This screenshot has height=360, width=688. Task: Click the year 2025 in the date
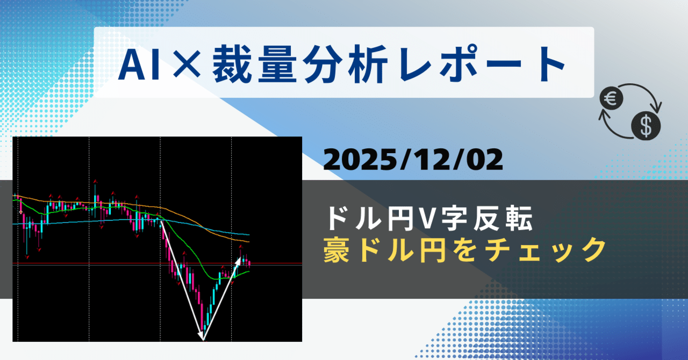pyautogui.click(x=356, y=160)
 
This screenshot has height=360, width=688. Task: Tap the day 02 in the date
pyautogui.click(x=483, y=160)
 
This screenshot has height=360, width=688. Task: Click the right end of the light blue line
pyautogui.click(x=249, y=235)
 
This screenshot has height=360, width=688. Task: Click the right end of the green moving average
pyautogui.click(x=249, y=272)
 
